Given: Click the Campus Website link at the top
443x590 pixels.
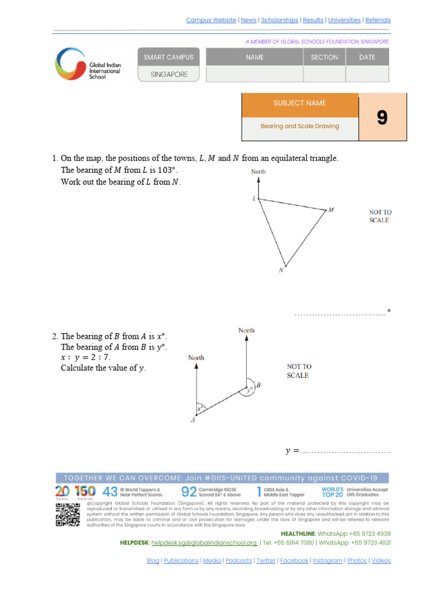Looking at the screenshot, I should tap(211, 20).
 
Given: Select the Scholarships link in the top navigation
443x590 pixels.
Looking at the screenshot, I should tap(280, 20).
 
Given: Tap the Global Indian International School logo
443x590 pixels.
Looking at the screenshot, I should tap(88, 64).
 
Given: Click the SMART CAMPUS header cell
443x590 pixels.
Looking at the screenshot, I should tap(168, 57).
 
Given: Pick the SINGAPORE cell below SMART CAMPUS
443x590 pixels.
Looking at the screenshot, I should tap(169, 74).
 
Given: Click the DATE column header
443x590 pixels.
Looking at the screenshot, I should tap(367, 57).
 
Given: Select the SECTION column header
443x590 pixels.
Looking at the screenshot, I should tap(324, 57).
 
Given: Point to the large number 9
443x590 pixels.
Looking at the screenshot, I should tap(382, 118).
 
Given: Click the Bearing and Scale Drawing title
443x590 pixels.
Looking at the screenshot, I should tap(299, 126).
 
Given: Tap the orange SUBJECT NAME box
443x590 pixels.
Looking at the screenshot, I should tap(299, 103).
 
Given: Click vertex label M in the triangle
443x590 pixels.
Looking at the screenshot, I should tap(331, 210).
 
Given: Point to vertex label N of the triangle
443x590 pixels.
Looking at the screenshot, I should tap(281, 271).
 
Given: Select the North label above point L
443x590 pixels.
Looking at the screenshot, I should tap(258, 172).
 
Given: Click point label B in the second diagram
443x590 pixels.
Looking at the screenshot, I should tap(258, 385).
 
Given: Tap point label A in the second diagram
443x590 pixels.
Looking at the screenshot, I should tap(193, 421).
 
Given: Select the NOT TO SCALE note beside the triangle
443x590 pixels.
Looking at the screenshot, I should tap(380, 216).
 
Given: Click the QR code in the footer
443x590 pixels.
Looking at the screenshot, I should tap(67, 514).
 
